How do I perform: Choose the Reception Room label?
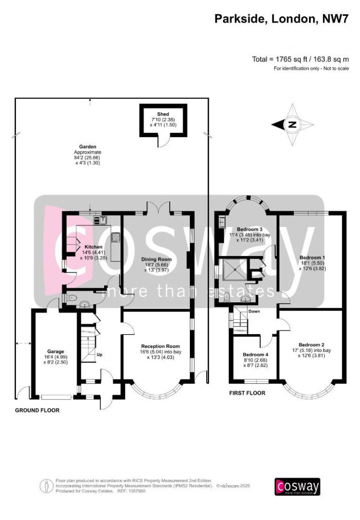click(x=160, y=346)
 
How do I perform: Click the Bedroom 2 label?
click(x=311, y=344)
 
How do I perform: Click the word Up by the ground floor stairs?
click(x=100, y=355)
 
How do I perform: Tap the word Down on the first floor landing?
click(x=254, y=312)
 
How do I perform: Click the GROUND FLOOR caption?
click(x=37, y=410)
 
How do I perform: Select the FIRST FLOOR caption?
click(x=247, y=393)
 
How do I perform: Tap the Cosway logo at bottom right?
click(x=297, y=486)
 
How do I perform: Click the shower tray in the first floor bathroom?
click(x=232, y=272)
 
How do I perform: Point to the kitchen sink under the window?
click(x=102, y=220)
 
